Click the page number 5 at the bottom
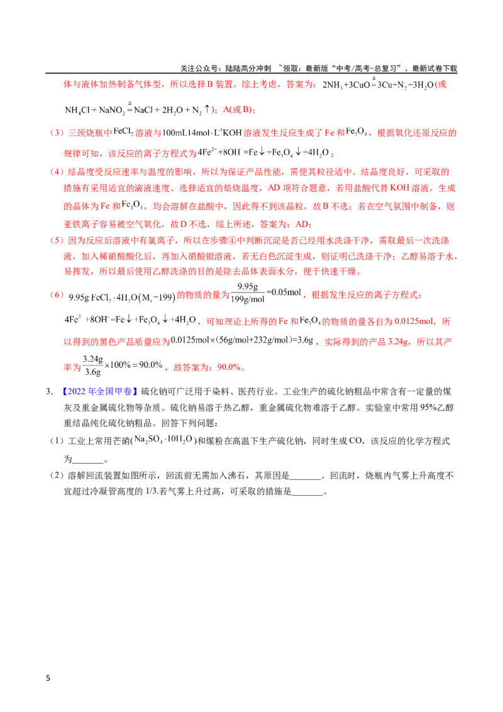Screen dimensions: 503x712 (x=48, y=678)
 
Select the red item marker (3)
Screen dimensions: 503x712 (x=57, y=133)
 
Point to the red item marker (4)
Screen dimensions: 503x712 (x=57, y=172)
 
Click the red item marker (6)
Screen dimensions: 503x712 (x=57, y=295)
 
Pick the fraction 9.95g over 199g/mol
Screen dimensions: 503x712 (x=248, y=293)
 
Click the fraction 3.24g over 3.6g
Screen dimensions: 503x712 (x=92, y=365)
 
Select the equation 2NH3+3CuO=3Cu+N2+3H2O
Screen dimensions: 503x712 (x=378, y=84)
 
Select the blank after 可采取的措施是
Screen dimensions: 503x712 (x=307, y=492)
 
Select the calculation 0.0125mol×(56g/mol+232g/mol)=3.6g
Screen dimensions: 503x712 (x=242, y=340)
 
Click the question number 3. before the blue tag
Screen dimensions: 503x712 (x=50, y=391)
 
